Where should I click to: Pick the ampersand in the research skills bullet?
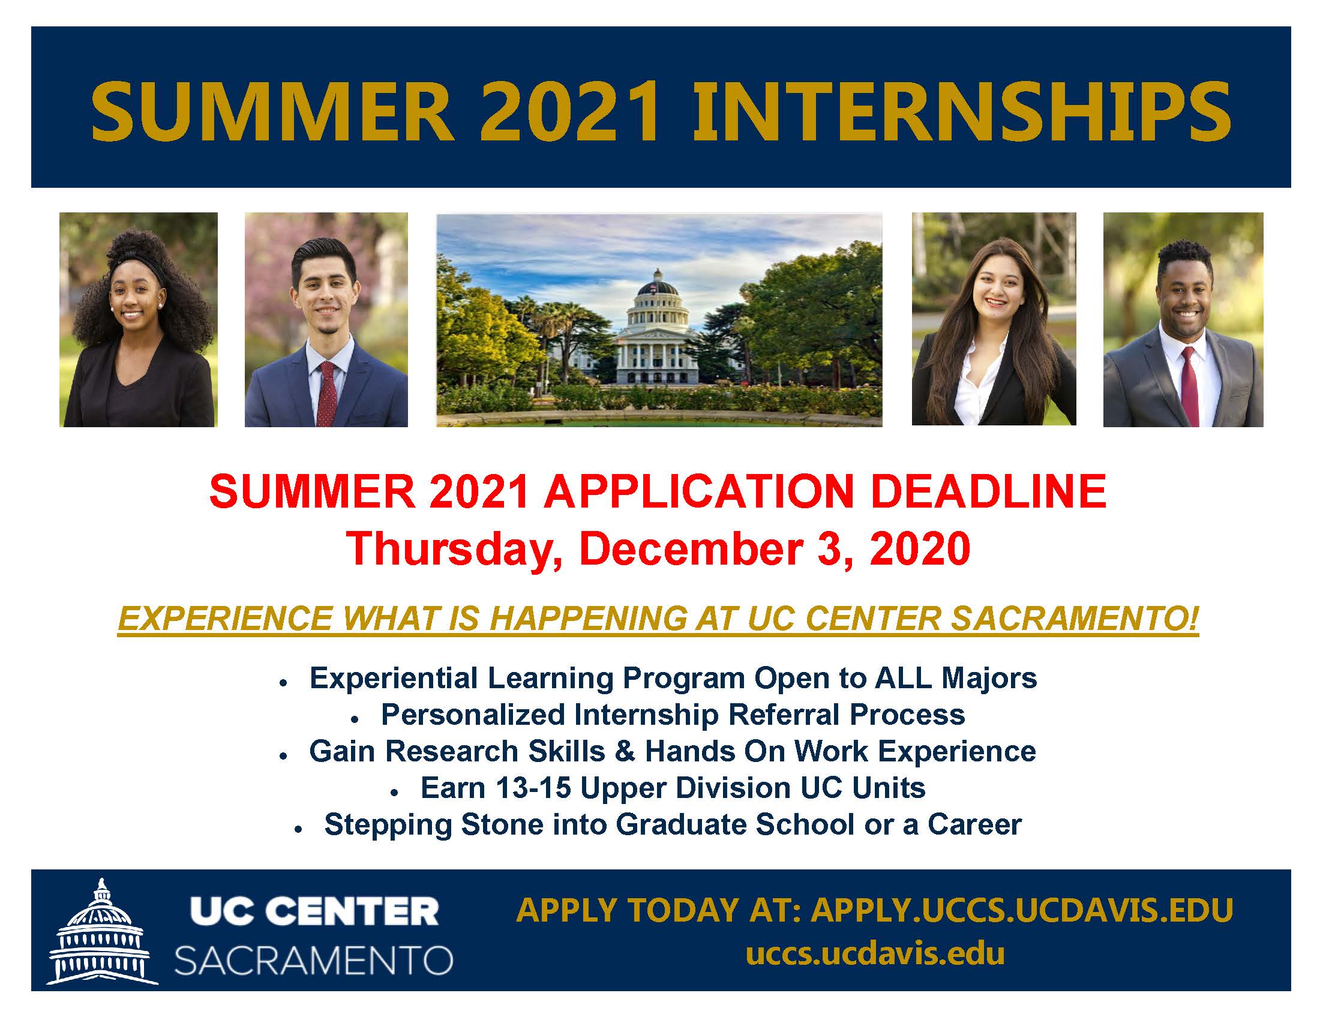tap(626, 751)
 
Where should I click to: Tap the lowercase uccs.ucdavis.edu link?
tap(875, 954)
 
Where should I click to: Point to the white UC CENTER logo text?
tap(314, 912)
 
